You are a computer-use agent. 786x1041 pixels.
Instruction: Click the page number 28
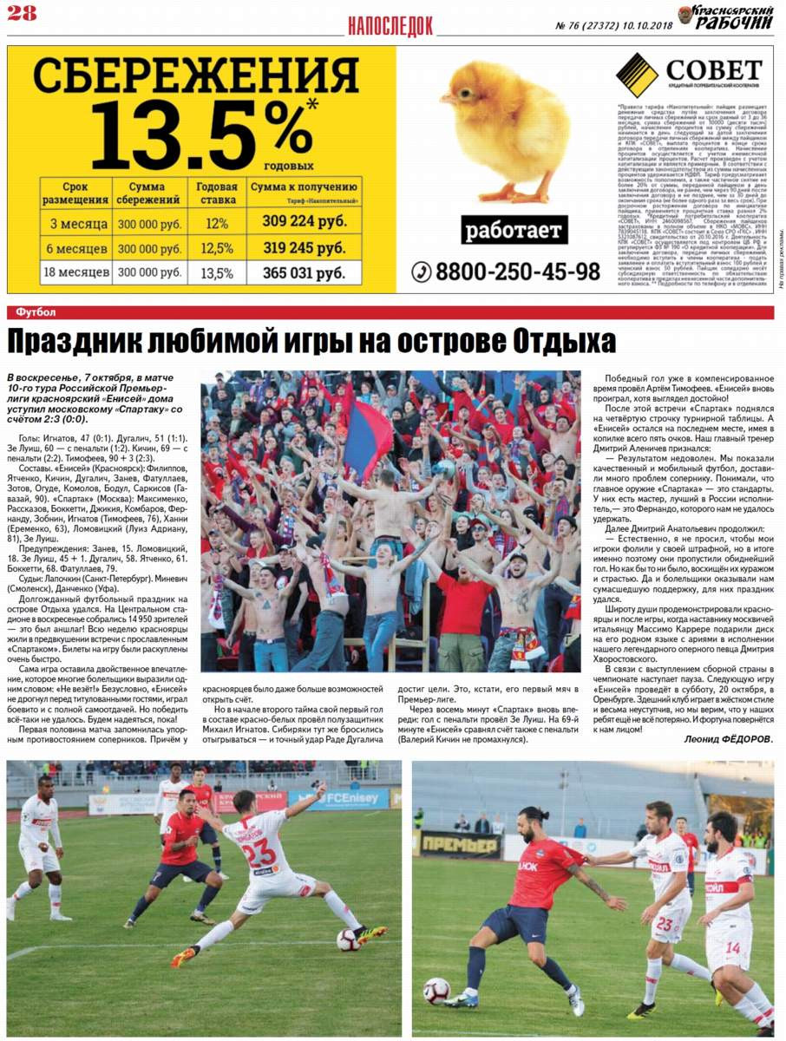click(x=22, y=12)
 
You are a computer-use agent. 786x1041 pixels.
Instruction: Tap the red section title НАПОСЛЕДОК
click(x=390, y=26)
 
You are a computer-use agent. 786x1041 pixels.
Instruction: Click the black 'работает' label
click(x=514, y=231)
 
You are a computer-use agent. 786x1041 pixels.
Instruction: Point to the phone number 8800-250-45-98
click(x=507, y=272)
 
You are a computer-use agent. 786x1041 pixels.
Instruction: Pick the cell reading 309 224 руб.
click(x=305, y=221)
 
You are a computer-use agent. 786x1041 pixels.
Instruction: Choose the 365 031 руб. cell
click(x=305, y=273)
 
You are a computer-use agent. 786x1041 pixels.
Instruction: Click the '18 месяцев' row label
click(x=75, y=273)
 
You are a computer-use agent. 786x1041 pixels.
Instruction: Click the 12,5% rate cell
click(x=217, y=248)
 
